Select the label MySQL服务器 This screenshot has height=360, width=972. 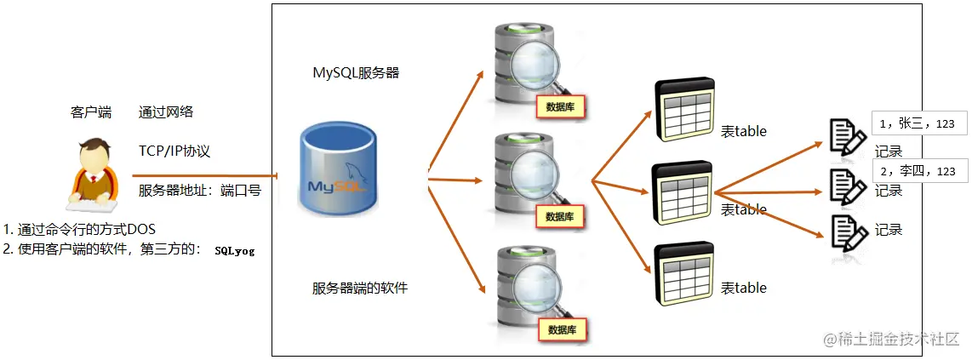point(356,73)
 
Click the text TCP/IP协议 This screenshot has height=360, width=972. point(174,151)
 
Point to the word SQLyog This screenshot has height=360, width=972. point(235,251)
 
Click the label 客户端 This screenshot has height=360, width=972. point(91,112)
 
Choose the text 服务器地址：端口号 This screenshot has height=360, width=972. point(199,191)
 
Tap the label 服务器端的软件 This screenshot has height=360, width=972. point(360,288)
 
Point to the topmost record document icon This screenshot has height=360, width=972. point(847,136)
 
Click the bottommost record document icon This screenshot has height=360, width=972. point(847,229)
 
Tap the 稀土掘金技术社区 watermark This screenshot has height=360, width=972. point(892,340)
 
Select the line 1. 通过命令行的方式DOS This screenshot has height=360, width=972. point(80,230)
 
